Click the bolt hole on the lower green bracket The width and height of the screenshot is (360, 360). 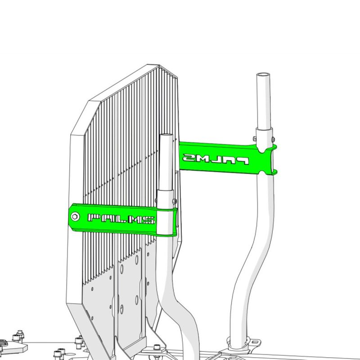[x=75, y=216]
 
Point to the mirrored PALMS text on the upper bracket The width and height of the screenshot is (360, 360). [x=216, y=159]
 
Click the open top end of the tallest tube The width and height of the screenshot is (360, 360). [x=263, y=75]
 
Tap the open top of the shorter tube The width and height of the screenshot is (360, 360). [x=166, y=135]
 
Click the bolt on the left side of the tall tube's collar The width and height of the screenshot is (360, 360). [x=255, y=138]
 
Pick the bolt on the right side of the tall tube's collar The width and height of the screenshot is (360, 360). [x=273, y=139]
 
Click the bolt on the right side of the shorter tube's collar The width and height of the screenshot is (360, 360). [x=174, y=201]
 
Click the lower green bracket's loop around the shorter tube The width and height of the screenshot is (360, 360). [x=167, y=221]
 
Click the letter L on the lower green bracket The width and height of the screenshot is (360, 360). [x=121, y=219]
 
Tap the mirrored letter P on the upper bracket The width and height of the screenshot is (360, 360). [x=243, y=161]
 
